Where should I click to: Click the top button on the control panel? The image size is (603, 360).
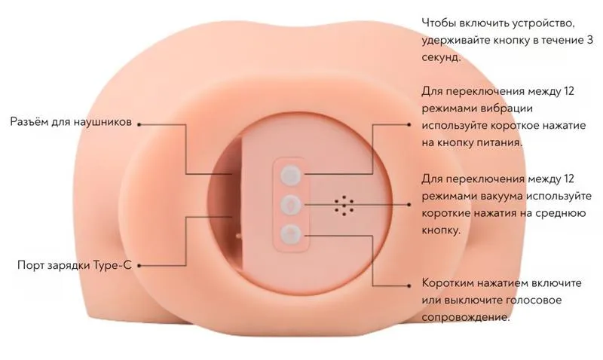pyautogui.click(x=290, y=175)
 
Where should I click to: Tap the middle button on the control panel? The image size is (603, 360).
pyautogui.click(x=290, y=204)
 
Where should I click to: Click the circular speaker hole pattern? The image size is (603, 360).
pyautogui.click(x=344, y=205)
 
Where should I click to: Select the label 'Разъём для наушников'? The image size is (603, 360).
pyautogui.click(x=71, y=122)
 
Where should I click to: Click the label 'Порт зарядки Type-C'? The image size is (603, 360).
pyautogui.click(x=75, y=265)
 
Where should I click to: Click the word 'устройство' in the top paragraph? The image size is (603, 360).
pyautogui.click(x=543, y=23)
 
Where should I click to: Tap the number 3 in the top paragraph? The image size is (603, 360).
pyautogui.click(x=589, y=40)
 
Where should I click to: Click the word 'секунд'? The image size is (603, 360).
pyautogui.click(x=441, y=57)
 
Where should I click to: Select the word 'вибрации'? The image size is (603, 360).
pyautogui.click(x=507, y=108)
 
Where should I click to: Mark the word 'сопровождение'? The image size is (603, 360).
pyautogui.click(x=466, y=317)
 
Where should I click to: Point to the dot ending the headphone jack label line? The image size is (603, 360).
pyautogui.click(x=139, y=124)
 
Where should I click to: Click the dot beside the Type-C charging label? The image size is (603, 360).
pyautogui.click(x=139, y=265)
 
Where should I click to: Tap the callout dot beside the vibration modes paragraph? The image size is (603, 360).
pyautogui.click(x=409, y=124)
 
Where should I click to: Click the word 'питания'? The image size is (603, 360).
pyautogui.click(x=500, y=142)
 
